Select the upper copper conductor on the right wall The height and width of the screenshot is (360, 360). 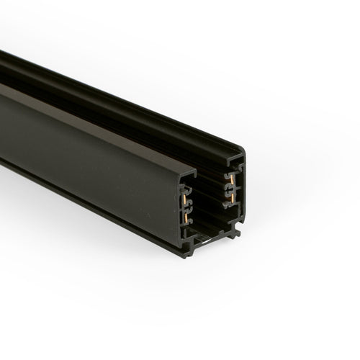(231, 179)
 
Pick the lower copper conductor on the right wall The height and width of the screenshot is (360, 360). (233, 198)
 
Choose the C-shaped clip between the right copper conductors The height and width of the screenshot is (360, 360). (228, 189)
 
